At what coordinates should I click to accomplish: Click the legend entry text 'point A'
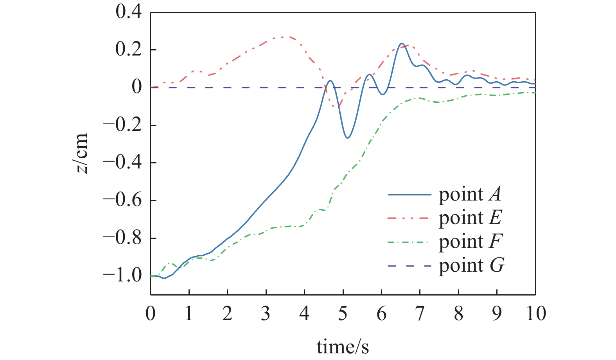tap(470, 195)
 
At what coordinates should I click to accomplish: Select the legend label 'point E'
tap(470, 218)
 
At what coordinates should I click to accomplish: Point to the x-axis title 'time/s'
tap(343, 347)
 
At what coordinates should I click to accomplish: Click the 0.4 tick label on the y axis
tap(128, 12)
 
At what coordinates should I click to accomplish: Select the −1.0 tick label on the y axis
tap(122, 276)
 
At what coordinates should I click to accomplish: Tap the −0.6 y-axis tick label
tap(122, 201)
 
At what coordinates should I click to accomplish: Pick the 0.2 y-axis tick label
tap(128, 50)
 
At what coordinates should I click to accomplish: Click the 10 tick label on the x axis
tap(536, 313)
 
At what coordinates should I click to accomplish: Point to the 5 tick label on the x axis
tap(343, 313)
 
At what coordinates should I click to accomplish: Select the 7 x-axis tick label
tap(420, 313)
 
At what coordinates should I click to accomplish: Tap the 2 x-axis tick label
tap(227, 313)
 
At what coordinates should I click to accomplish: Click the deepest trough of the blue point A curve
tap(348, 138)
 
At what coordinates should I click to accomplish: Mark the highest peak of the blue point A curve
tap(402, 43)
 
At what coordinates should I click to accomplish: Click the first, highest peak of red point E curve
tap(283, 37)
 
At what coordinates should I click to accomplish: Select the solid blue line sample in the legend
tap(409, 195)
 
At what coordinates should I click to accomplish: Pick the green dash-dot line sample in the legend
tap(408, 242)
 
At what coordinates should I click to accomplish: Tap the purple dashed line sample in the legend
tap(409, 266)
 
